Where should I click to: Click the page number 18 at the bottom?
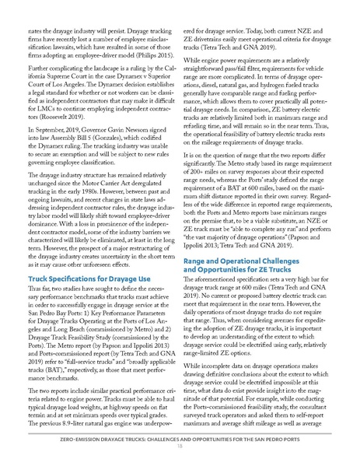pos(180,447)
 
